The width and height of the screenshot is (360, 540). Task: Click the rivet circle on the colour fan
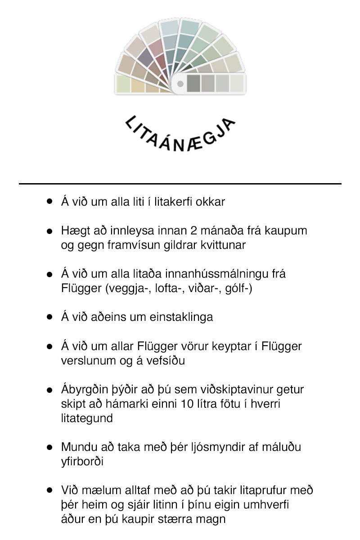tap(180, 84)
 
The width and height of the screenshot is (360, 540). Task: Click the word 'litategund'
tap(86, 418)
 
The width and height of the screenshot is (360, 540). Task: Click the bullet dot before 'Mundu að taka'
tap(50, 447)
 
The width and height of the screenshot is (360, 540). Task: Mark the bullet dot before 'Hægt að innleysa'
tap(50, 231)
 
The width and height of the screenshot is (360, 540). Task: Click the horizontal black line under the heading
tap(180, 184)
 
